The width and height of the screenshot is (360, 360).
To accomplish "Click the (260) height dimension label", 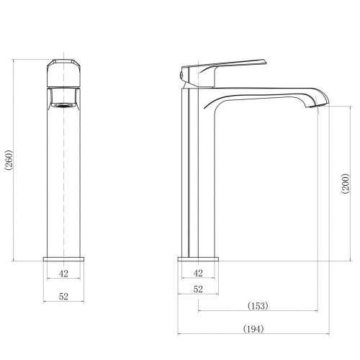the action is click(9, 160).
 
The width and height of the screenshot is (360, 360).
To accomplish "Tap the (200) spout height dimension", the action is click(346, 184).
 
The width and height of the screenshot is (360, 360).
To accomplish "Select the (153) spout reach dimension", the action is click(258, 306).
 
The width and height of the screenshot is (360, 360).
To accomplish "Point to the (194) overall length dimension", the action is click(253, 328).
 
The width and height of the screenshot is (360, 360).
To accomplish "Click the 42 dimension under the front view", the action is click(63, 274).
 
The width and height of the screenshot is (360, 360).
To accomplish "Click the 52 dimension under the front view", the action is click(63, 297).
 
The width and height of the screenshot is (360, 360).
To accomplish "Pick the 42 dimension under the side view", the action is click(198, 273).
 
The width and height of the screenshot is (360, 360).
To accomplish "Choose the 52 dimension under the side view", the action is click(198, 289).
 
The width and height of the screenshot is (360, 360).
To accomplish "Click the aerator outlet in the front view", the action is click(63, 105).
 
